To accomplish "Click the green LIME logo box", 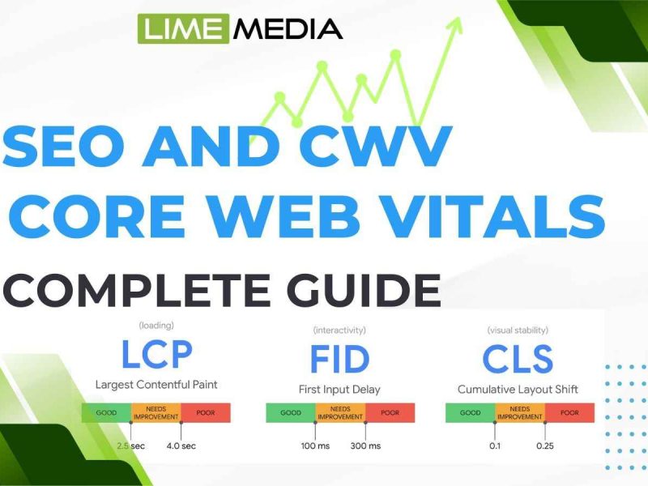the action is point(183,28).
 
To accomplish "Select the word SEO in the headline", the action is point(64,147).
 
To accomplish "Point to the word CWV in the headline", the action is point(374,147).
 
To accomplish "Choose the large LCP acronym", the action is point(157,354).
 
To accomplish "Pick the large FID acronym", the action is point(339,359).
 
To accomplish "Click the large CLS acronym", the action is point(518,359).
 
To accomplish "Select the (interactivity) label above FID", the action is point(339,330).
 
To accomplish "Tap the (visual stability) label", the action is point(518,330).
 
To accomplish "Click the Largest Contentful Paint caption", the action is point(156,385).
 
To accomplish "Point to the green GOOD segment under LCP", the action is point(106,413).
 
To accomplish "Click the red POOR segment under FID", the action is point(390,413).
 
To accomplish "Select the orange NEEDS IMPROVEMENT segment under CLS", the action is point(520,413).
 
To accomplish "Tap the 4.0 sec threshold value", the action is point(181,446).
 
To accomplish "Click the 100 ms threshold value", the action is point(315,446).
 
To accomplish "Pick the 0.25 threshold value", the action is point(544,446).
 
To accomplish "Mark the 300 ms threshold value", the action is point(366,446).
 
